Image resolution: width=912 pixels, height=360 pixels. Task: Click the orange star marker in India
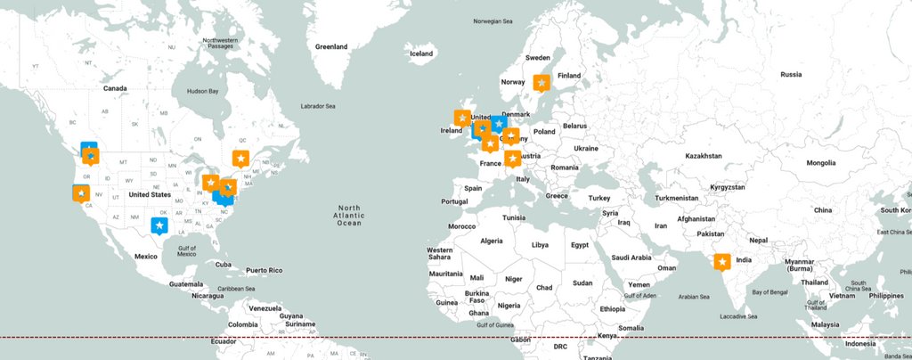pyautogui.click(x=722, y=262)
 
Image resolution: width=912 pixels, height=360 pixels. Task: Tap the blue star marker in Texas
pyautogui.click(x=159, y=226)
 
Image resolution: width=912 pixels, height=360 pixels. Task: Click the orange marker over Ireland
pyautogui.click(x=462, y=118)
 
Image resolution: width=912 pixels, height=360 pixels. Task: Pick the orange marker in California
pyautogui.click(x=81, y=192)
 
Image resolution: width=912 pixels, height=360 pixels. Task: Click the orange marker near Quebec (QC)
pyautogui.click(x=240, y=158)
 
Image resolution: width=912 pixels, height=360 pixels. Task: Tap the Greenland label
pyautogui.click(x=330, y=46)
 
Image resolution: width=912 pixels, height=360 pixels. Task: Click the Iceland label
pyautogui.click(x=420, y=53)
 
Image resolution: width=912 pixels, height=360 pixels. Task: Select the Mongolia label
pyautogui.click(x=821, y=163)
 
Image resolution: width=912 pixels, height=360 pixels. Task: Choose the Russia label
pyautogui.click(x=791, y=75)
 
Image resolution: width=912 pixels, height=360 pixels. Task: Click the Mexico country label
pyautogui.click(x=145, y=256)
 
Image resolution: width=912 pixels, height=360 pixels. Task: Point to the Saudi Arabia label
pyautogui.click(x=634, y=257)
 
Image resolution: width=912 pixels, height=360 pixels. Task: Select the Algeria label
pyautogui.click(x=492, y=241)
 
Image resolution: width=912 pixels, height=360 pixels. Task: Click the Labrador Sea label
pyautogui.click(x=318, y=106)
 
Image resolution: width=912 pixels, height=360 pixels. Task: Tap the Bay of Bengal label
pyautogui.click(x=771, y=292)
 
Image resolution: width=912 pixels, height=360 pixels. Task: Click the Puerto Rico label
pyautogui.click(x=264, y=270)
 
